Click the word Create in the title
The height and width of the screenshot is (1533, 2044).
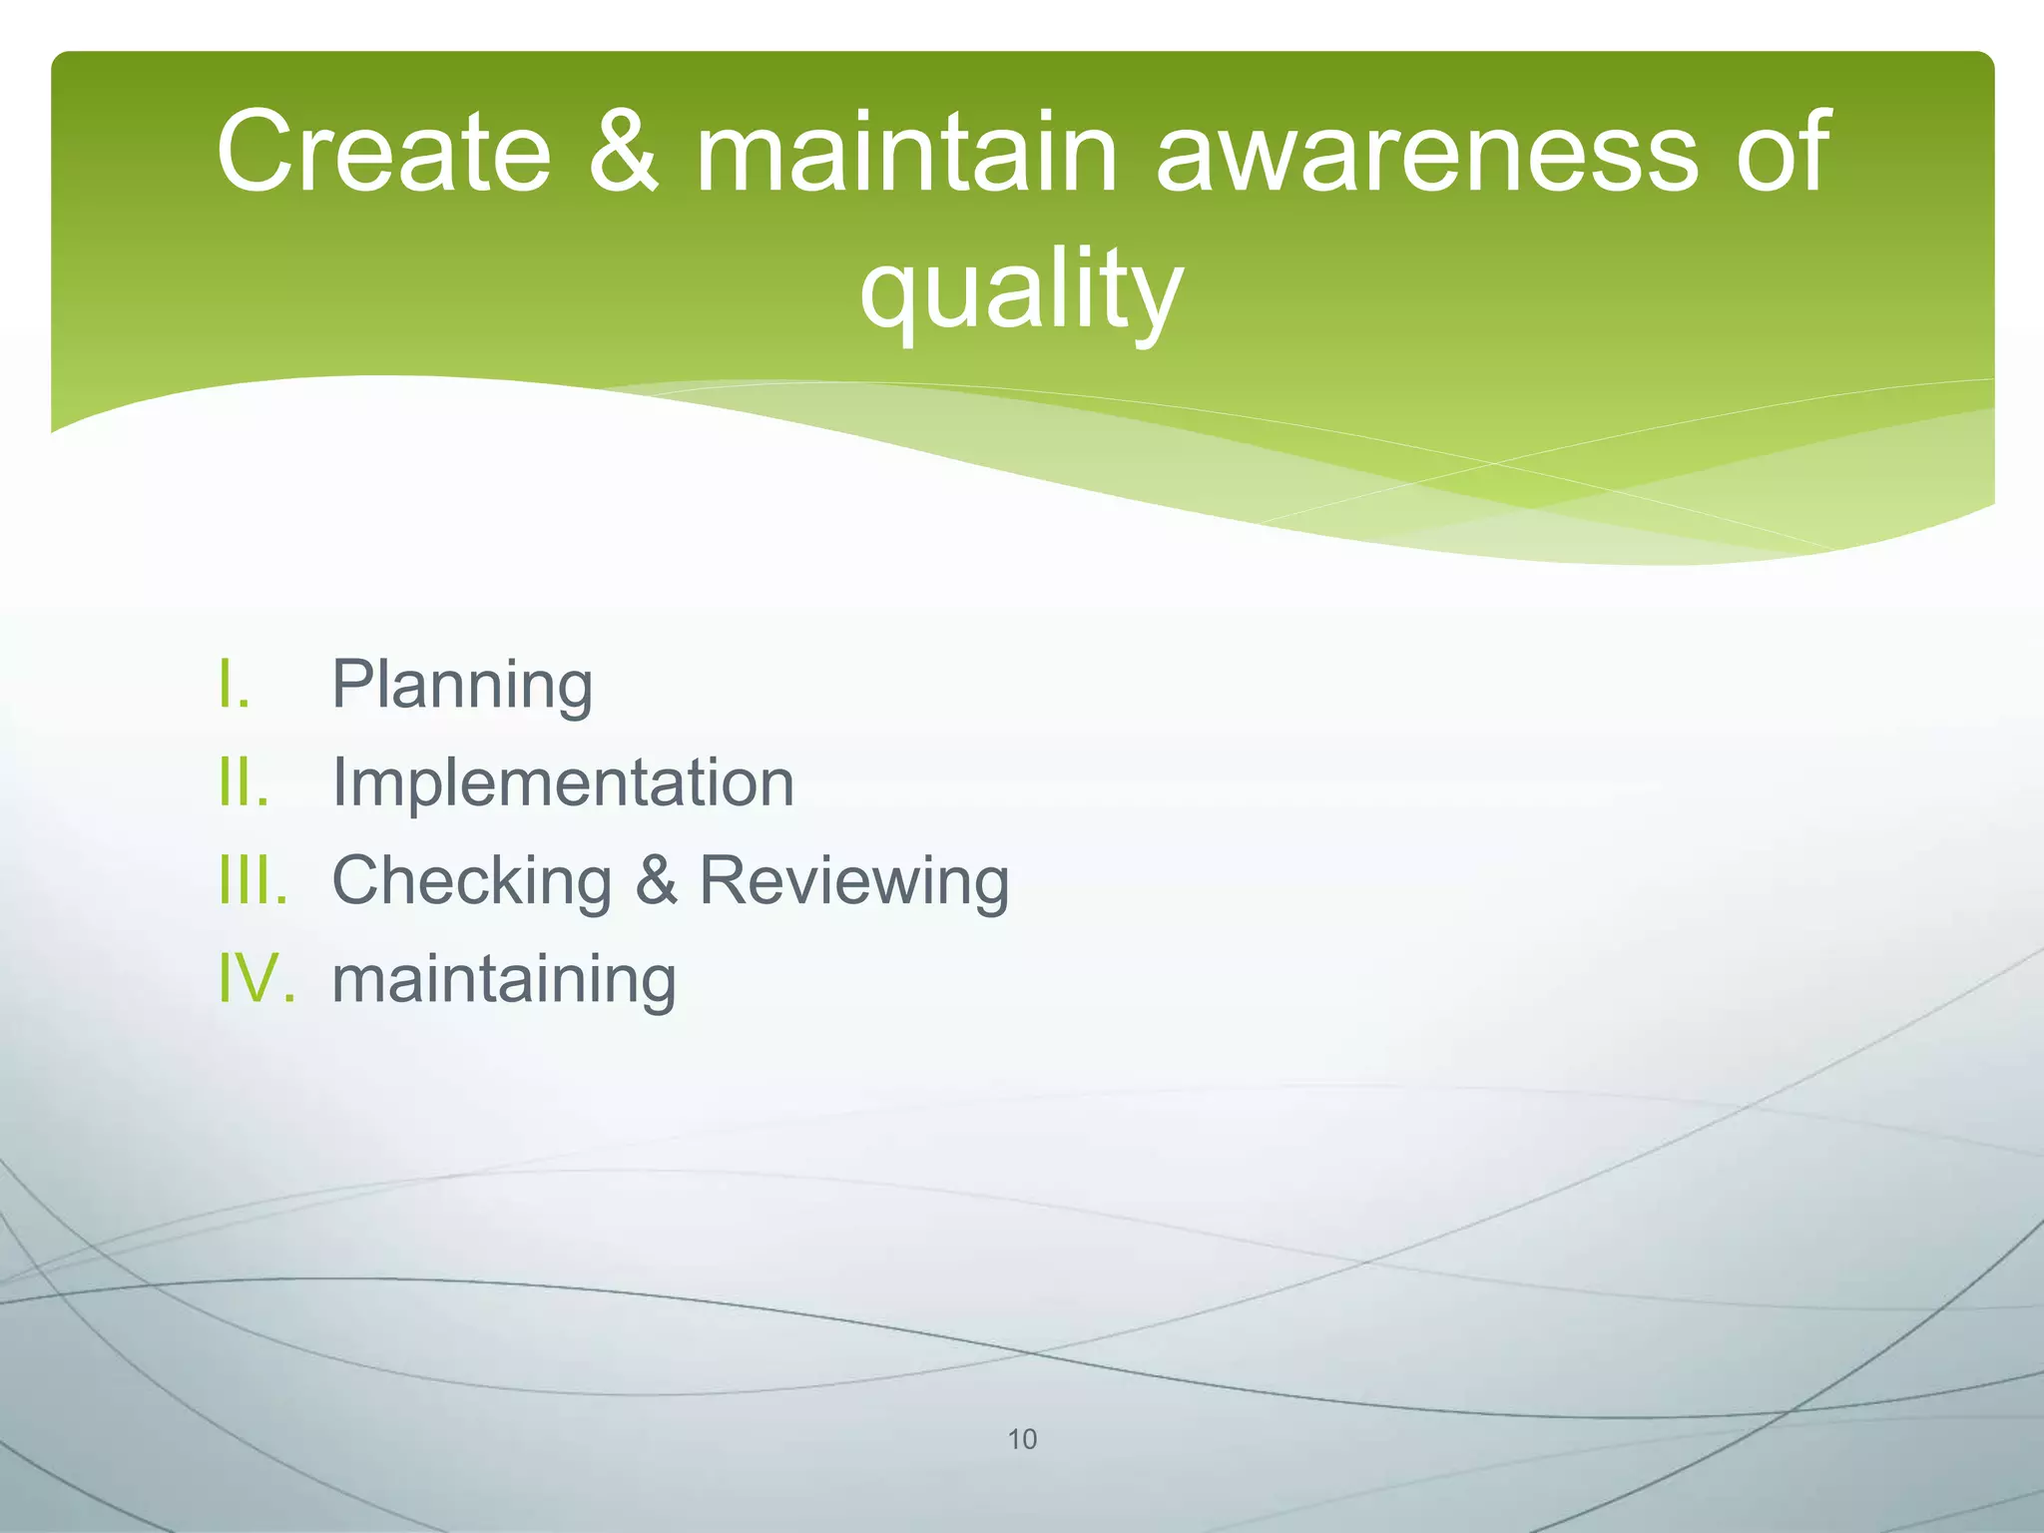tap(383, 152)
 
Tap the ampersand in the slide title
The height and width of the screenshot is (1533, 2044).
tap(623, 152)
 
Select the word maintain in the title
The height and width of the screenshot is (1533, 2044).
tap(905, 152)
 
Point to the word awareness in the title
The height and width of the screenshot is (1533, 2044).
tap(1425, 152)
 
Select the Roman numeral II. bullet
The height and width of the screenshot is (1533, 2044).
tap(244, 782)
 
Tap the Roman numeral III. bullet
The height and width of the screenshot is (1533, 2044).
tap(254, 880)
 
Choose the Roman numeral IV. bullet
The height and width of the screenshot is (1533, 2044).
tap(256, 978)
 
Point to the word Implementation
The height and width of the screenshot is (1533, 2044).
tap(563, 782)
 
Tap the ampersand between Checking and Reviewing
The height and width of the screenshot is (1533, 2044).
tap(656, 880)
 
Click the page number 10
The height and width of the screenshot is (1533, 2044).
tap(1022, 1439)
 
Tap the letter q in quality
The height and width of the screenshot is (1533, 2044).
tap(892, 297)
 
